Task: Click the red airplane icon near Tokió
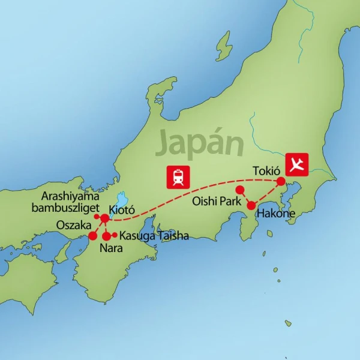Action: point(297,163)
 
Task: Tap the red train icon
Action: point(178,175)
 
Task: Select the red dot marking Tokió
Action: point(280,180)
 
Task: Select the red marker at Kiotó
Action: point(105,217)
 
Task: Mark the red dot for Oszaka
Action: point(93,236)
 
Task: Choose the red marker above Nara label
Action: point(106,236)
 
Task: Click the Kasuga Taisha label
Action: point(154,236)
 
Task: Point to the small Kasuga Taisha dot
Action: point(115,234)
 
